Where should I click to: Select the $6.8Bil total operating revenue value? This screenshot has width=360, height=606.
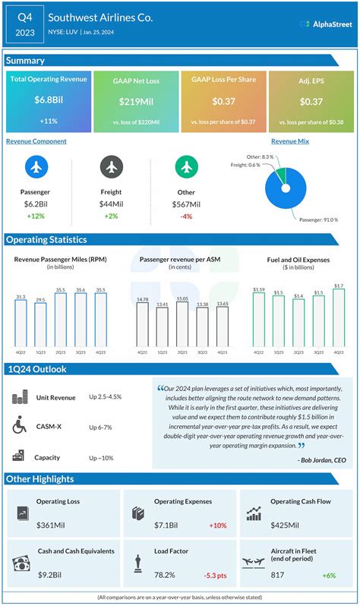tap(48, 99)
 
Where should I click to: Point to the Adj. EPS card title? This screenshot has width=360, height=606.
tap(311, 80)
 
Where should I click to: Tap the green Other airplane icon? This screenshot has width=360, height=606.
tap(186, 166)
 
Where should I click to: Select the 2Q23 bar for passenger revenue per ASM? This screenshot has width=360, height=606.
tap(182, 325)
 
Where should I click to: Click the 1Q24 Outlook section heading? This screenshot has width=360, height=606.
tap(37, 369)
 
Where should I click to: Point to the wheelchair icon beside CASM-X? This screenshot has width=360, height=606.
tap(19, 427)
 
